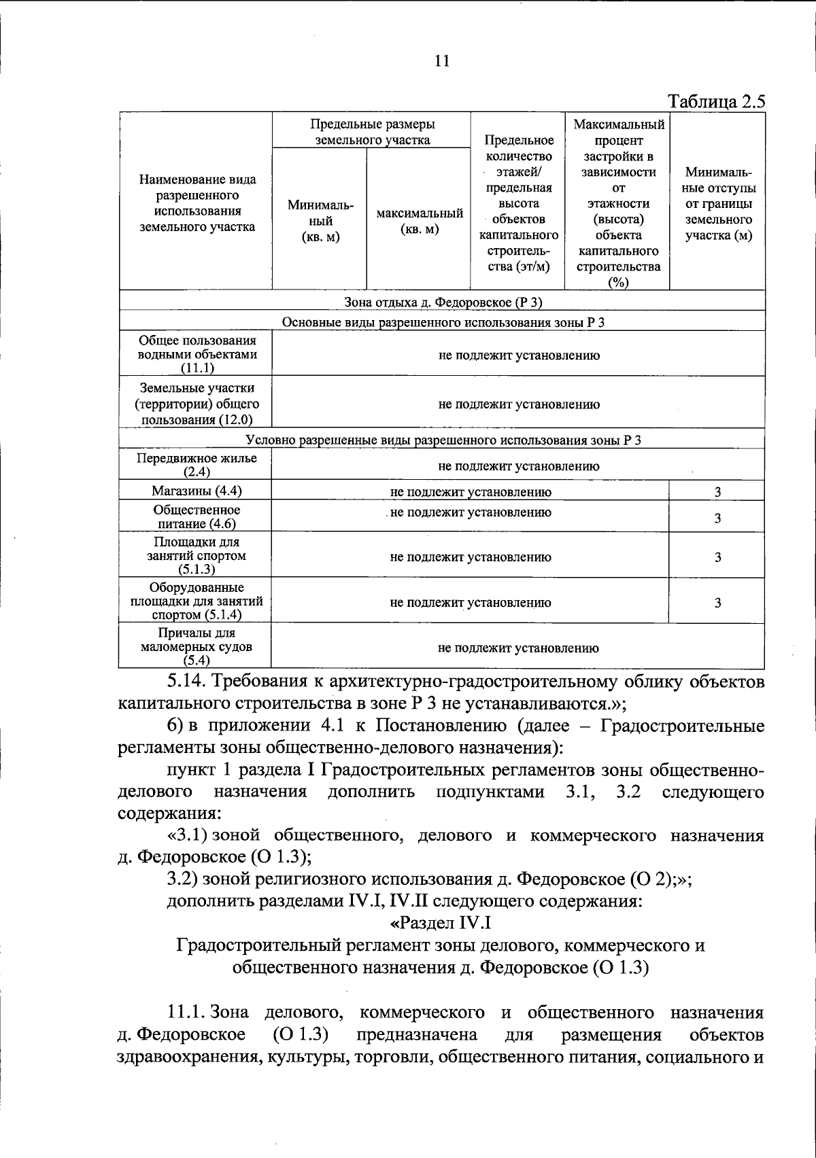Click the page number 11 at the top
coord(441,61)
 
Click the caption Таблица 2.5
coord(717,102)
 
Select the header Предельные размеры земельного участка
coord(372,132)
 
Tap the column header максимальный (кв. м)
coord(420,221)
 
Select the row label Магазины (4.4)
coord(196,491)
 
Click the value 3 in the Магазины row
coord(717,492)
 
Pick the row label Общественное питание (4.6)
coord(196,516)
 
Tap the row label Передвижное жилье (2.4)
coord(196,465)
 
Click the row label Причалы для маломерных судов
coord(196,646)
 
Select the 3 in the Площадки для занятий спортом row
coord(717,557)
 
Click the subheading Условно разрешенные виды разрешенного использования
coord(443,440)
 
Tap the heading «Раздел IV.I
coord(441,923)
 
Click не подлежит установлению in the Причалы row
coord(518,648)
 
